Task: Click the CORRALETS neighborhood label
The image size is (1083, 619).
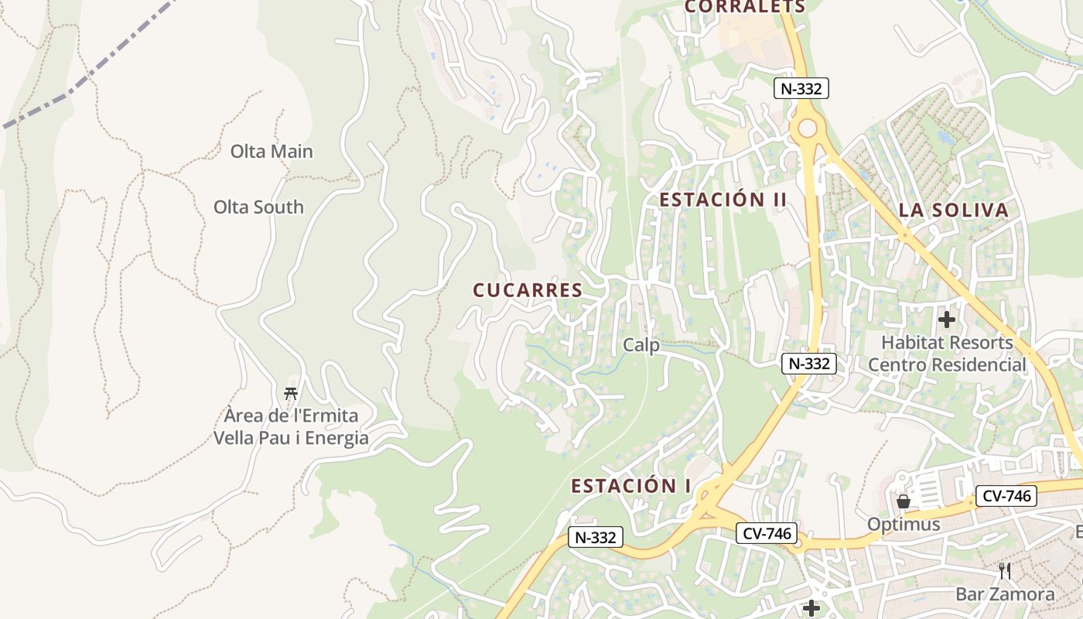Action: (746, 7)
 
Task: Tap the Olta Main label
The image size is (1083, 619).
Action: (272, 151)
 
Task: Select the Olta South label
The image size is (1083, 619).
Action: (258, 207)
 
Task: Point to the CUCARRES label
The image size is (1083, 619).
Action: (528, 290)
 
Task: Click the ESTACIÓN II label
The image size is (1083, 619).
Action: (723, 200)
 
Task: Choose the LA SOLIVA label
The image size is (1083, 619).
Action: (954, 210)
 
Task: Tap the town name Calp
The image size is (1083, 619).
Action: (641, 345)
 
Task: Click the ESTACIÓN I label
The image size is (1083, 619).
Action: (631, 486)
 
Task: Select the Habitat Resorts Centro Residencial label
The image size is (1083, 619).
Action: (948, 354)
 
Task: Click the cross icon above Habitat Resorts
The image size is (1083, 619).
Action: (947, 319)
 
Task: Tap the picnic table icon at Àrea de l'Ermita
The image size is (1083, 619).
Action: (291, 394)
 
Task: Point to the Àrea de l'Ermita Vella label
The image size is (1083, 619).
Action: (291, 427)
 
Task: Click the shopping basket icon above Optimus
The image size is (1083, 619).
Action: (903, 501)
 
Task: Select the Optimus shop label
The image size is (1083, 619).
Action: (904, 525)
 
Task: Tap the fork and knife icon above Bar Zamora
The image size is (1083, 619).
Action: (1005, 571)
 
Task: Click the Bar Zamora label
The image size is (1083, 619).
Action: (1005, 594)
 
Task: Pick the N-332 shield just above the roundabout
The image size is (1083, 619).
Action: (801, 88)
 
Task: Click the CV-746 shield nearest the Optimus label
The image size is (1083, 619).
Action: (1006, 496)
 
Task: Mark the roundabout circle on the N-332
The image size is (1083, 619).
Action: (806, 128)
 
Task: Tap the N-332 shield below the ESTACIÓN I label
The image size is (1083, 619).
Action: (596, 537)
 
